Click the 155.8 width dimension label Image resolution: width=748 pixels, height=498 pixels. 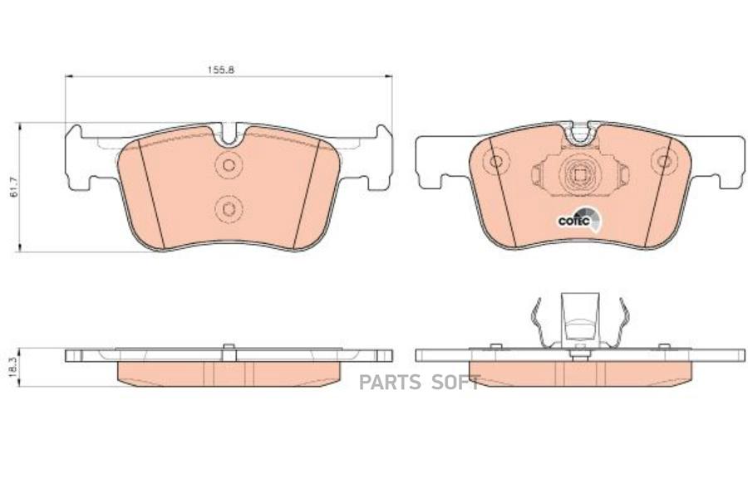tap(220, 70)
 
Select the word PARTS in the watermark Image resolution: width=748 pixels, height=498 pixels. tap(390, 382)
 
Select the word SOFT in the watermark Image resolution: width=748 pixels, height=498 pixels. tap(455, 382)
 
